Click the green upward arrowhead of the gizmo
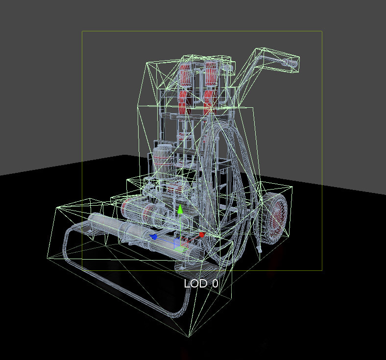pyautogui.click(x=180, y=209)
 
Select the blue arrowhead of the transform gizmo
pyautogui.click(x=154, y=237)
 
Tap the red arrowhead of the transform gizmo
pyautogui.click(x=201, y=235)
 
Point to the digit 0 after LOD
pyautogui.click(x=215, y=284)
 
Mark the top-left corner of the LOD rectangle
pyautogui.click(x=82, y=32)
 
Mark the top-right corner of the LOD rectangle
pyautogui.click(x=322, y=32)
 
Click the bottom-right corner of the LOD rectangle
pyautogui.click(x=322, y=270)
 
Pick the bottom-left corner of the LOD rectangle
pyautogui.click(x=82, y=270)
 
